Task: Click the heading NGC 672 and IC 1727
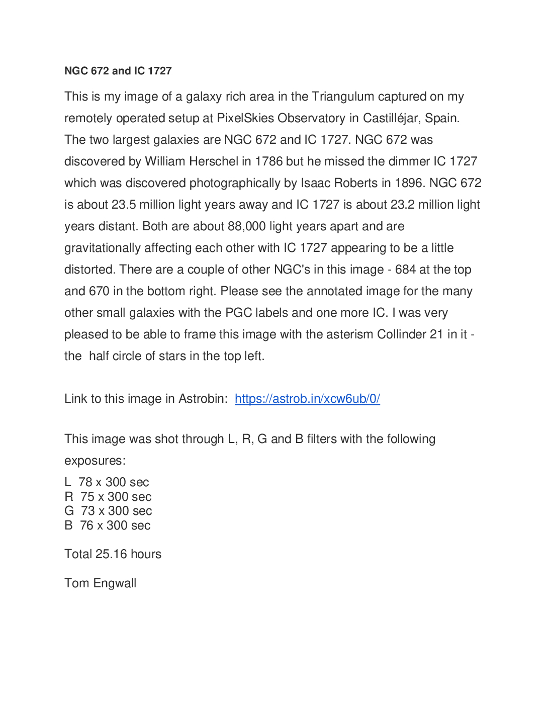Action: [x=118, y=71]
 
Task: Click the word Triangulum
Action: [x=343, y=97]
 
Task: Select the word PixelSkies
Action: [x=245, y=118]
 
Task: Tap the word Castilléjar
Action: [x=392, y=118]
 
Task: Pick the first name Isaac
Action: [x=315, y=183]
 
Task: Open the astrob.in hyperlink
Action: [x=307, y=399]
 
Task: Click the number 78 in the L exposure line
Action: [x=85, y=482]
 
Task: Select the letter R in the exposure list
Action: [x=69, y=497]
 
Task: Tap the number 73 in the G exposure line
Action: [x=88, y=511]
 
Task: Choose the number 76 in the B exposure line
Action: [x=87, y=525]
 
